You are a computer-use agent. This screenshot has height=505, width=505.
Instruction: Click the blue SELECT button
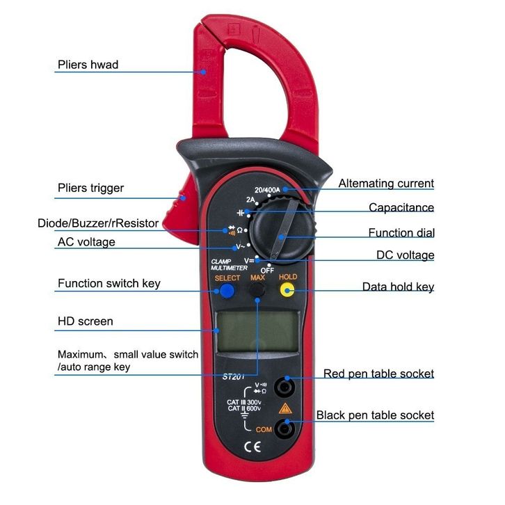227,291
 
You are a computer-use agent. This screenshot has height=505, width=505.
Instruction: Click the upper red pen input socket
284,385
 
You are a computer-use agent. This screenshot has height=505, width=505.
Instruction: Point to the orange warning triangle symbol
284,408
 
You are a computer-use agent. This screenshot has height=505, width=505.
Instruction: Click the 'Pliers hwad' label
88,65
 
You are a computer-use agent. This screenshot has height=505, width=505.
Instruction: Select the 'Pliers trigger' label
90,188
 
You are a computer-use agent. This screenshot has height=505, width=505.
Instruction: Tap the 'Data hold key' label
398,287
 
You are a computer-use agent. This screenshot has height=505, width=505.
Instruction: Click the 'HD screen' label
85,321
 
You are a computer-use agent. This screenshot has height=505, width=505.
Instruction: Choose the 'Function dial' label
401,232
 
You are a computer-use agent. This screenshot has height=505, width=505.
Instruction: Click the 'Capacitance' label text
401,207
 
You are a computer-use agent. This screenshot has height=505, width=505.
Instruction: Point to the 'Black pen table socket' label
375,415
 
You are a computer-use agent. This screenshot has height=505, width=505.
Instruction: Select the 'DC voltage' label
405,255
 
